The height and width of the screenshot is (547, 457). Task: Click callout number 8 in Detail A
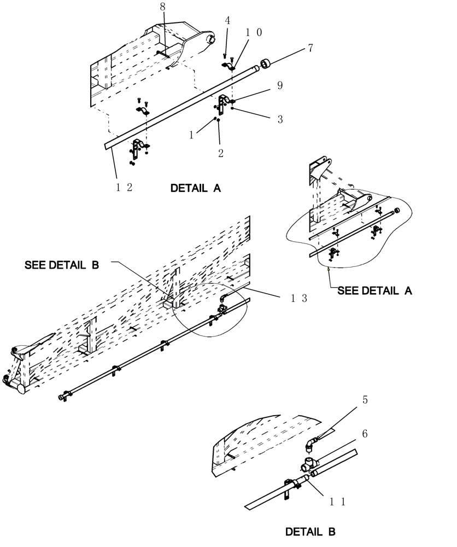tap(162, 7)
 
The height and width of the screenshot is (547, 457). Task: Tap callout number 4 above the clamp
tap(227, 20)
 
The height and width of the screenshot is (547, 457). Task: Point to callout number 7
tap(310, 48)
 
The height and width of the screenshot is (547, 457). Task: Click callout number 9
tap(280, 85)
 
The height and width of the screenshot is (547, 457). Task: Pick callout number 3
tap(280, 119)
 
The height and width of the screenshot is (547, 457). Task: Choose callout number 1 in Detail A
tap(192, 135)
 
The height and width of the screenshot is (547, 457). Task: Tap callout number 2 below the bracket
tap(221, 154)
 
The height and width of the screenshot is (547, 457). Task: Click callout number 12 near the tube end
tap(124, 187)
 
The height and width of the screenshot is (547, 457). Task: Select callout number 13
tap(299, 298)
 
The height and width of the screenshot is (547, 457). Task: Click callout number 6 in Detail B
tap(365, 434)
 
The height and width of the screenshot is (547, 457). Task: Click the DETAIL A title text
tap(195, 188)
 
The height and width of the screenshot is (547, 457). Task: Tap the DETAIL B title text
tap(310, 532)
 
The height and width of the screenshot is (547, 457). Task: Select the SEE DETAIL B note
tap(61, 265)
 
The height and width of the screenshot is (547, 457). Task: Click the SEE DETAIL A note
tap(374, 290)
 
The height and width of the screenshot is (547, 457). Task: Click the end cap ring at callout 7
tap(267, 65)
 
